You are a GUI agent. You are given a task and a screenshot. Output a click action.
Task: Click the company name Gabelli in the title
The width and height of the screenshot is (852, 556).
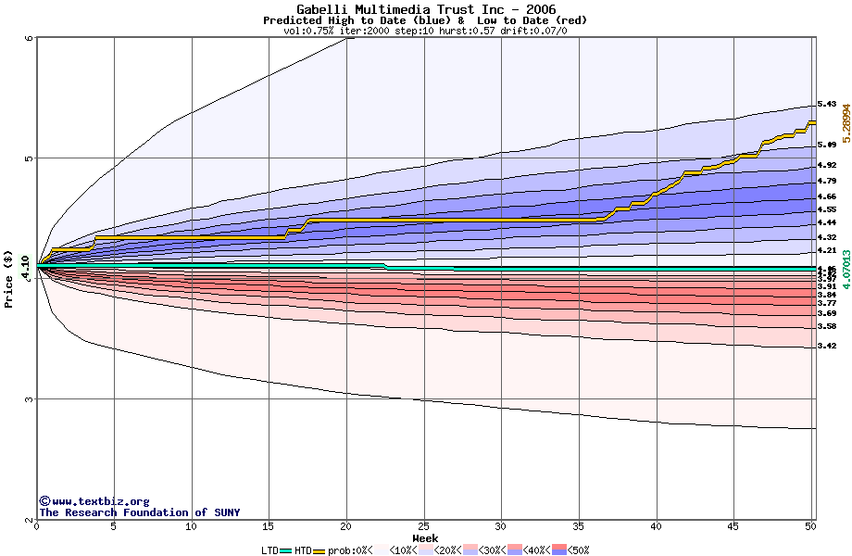tap(320, 9)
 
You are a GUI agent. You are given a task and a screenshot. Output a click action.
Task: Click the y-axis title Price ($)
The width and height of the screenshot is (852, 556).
tap(9, 279)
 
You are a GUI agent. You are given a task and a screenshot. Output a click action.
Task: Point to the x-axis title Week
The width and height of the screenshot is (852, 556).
tap(425, 538)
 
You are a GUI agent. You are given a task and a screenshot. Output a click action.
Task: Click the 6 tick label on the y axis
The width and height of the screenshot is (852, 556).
tap(29, 38)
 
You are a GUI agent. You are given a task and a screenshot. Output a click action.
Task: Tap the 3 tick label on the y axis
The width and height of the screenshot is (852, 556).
tap(29, 399)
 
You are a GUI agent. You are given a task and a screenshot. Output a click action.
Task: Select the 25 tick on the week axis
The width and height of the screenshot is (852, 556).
tap(423, 526)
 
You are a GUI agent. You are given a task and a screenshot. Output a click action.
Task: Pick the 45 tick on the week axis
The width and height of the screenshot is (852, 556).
tap(733, 526)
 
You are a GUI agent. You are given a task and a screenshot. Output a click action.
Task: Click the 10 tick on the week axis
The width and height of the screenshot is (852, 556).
tap(191, 526)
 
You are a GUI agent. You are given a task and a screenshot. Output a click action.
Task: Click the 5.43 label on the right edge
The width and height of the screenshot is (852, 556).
tap(827, 104)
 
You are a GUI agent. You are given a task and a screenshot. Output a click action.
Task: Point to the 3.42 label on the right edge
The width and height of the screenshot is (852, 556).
tap(827, 346)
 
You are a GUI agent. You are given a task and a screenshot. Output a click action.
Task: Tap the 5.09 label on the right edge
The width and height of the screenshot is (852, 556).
tap(827, 145)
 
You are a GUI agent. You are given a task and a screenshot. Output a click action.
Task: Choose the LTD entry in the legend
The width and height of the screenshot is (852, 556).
tap(269, 550)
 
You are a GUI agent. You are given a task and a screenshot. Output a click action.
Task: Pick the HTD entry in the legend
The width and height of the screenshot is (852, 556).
tap(303, 550)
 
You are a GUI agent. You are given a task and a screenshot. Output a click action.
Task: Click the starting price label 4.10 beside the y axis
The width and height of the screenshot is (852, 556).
tap(25, 265)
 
